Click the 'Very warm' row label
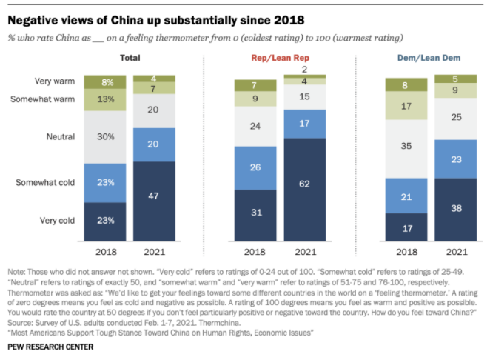point(53,81)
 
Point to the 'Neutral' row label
point(62,136)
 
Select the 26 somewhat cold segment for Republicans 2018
point(255,167)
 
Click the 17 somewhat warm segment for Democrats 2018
point(406,106)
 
